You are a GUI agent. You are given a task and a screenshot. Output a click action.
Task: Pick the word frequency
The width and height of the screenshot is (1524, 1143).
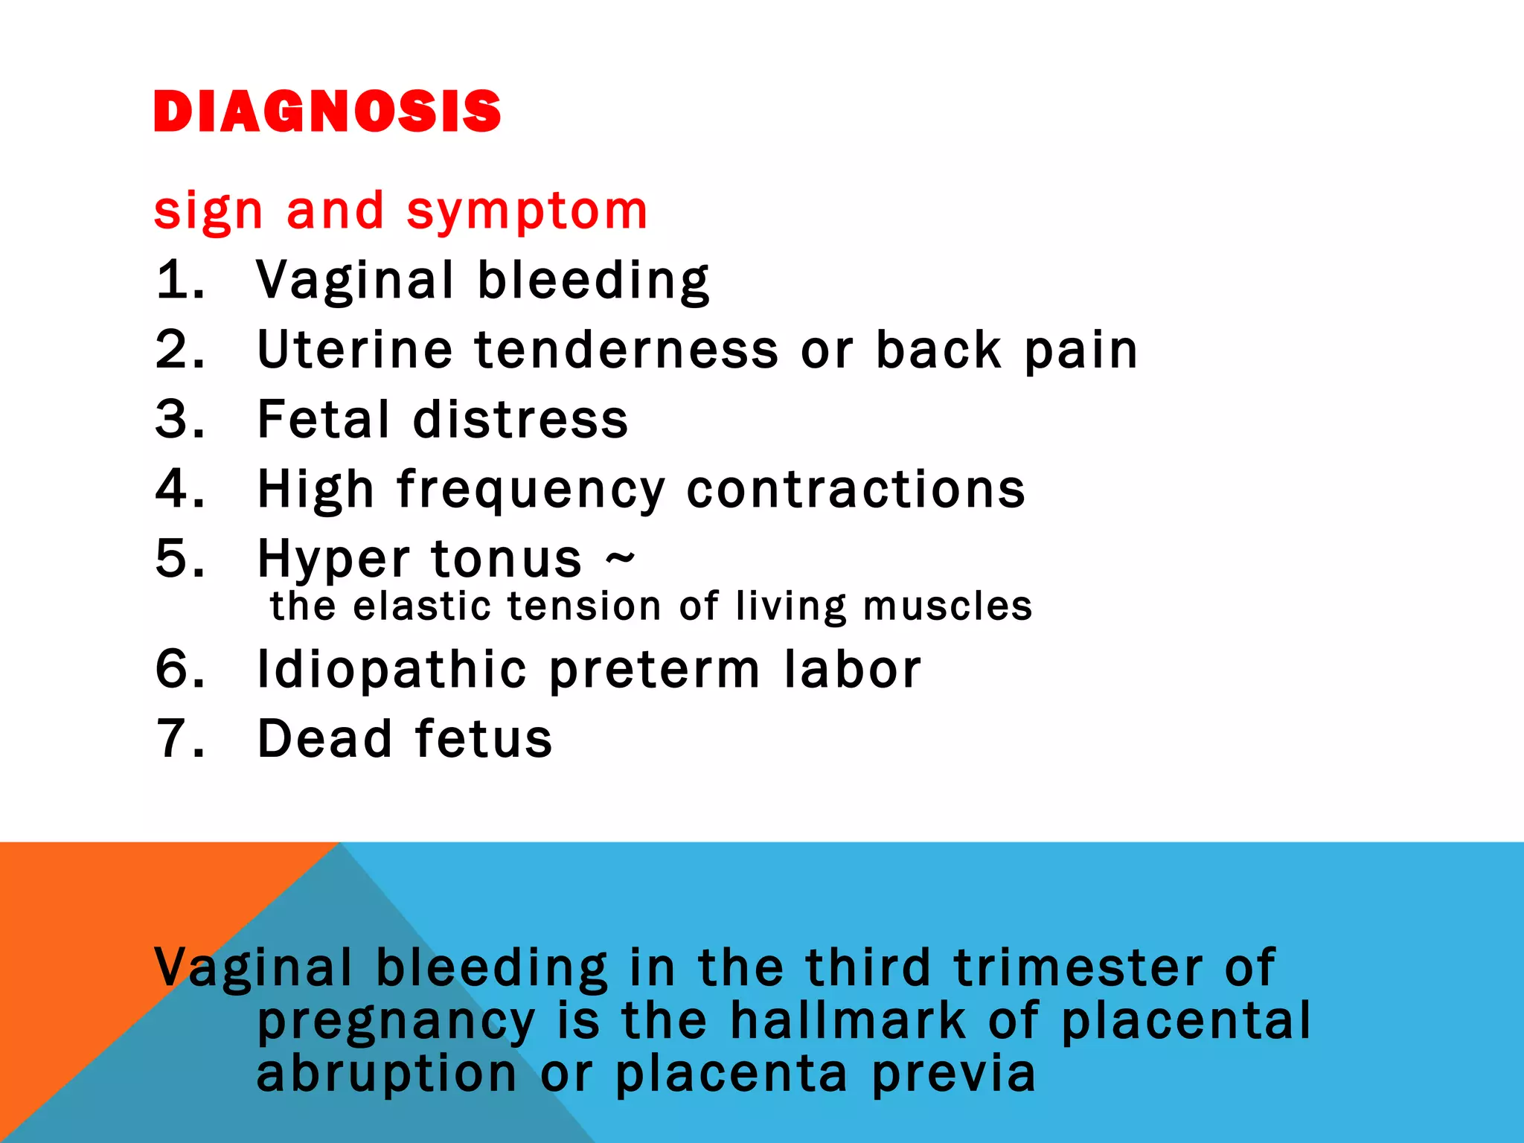click(531, 491)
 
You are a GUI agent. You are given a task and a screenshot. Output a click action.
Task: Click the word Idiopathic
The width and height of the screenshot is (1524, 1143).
click(391, 670)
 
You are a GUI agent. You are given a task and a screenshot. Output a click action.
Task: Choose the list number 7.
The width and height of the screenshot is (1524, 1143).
click(179, 739)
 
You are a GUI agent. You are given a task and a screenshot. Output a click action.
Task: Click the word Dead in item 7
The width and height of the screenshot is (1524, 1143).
click(324, 739)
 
